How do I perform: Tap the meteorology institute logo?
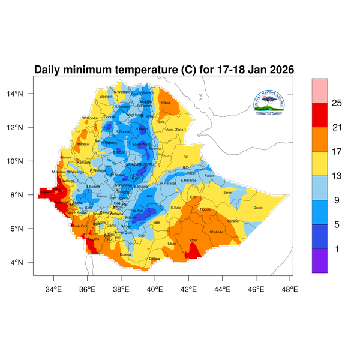[272, 101]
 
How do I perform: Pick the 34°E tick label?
[54, 289]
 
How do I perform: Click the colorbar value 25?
[337, 103]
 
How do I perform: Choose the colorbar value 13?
[337, 176]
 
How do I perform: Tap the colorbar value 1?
[337, 248]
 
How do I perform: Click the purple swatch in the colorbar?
[319, 261]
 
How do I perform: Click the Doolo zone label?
[258, 208]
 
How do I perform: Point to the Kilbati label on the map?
[166, 103]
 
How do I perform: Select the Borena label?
[125, 254]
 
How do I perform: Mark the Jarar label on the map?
[227, 193]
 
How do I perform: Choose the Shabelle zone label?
[217, 232]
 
